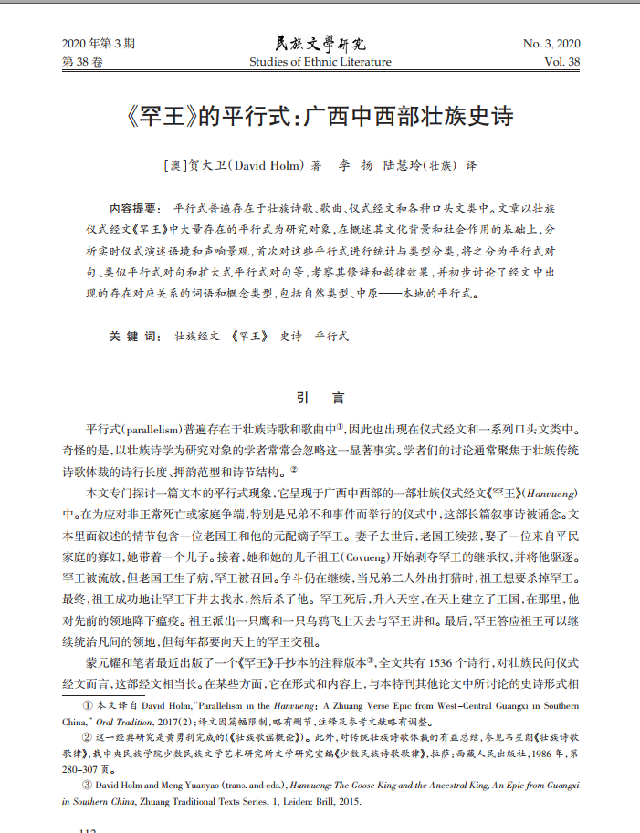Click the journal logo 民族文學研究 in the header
click(x=320, y=43)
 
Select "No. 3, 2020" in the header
click(x=551, y=44)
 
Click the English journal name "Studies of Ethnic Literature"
click(x=320, y=62)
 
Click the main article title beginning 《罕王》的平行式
click(x=320, y=118)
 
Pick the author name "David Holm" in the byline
click(x=270, y=167)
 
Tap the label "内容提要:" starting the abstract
click(x=134, y=209)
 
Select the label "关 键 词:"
click(x=134, y=336)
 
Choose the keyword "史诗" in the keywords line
click(x=290, y=336)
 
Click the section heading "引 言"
click(x=320, y=398)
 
